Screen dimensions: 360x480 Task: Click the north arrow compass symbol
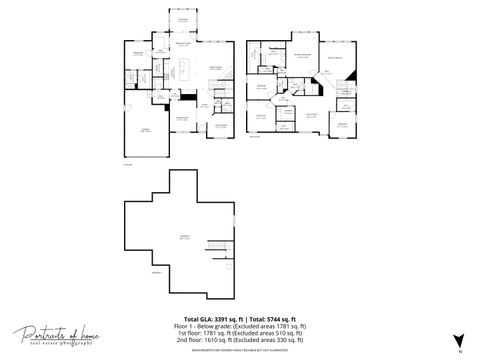[459, 341]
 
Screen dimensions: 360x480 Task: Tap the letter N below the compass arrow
[459, 352]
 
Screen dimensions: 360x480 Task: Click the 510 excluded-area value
[274, 332]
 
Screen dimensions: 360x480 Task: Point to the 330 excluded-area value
[276, 339]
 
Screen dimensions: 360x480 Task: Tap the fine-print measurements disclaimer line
[240, 347]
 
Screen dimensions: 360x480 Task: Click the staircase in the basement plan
[214, 246]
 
